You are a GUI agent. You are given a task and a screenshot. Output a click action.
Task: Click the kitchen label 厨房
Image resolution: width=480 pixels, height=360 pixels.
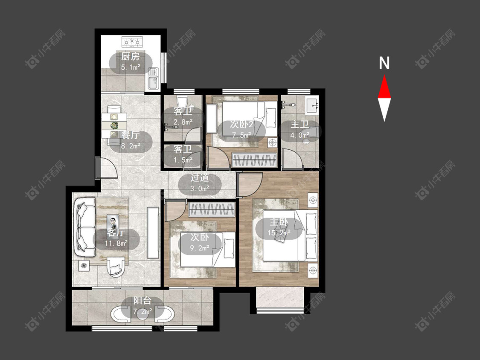pyautogui.click(x=131, y=56)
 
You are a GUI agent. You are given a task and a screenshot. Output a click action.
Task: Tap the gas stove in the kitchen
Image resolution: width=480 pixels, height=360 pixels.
pyautogui.click(x=132, y=42)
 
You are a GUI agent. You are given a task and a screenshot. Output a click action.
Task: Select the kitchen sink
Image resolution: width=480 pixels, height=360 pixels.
pyautogui.click(x=153, y=78)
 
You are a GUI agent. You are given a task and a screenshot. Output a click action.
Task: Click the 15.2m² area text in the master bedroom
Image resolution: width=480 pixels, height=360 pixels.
pyautogui.click(x=279, y=232)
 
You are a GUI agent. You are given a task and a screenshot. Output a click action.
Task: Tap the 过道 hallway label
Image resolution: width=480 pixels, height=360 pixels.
pyautogui.click(x=200, y=177)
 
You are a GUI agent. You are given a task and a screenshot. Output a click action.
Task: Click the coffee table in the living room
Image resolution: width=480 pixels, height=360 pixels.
pyautogui.click(x=113, y=222)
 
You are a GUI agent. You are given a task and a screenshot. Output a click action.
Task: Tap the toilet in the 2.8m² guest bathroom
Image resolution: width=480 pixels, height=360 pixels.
pyautogui.click(x=183, y=102)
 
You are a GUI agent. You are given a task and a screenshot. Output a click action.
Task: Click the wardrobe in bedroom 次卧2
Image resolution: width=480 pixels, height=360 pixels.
pyautogui.click(x=254, y=160)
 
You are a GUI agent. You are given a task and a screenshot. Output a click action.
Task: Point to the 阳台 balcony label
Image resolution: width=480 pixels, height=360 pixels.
pyautogui.click(x=143, y=300)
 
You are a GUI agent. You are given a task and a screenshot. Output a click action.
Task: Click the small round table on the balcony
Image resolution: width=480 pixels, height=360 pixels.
pyautogui.click(x=142, y=313)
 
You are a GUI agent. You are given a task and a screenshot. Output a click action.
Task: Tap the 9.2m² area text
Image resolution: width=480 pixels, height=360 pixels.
pyautogui.click(x=200, y=248)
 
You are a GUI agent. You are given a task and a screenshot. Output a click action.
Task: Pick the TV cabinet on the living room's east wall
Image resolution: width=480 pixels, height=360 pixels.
pyautogui.click(x=153, y=233)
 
